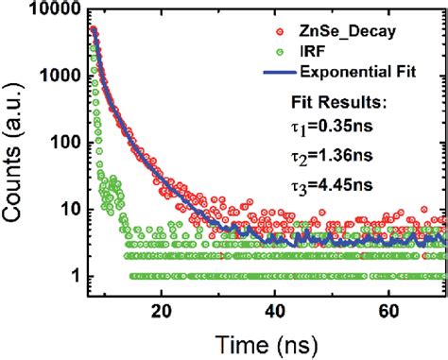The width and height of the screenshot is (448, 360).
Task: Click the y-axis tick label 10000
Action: [54, 11]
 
